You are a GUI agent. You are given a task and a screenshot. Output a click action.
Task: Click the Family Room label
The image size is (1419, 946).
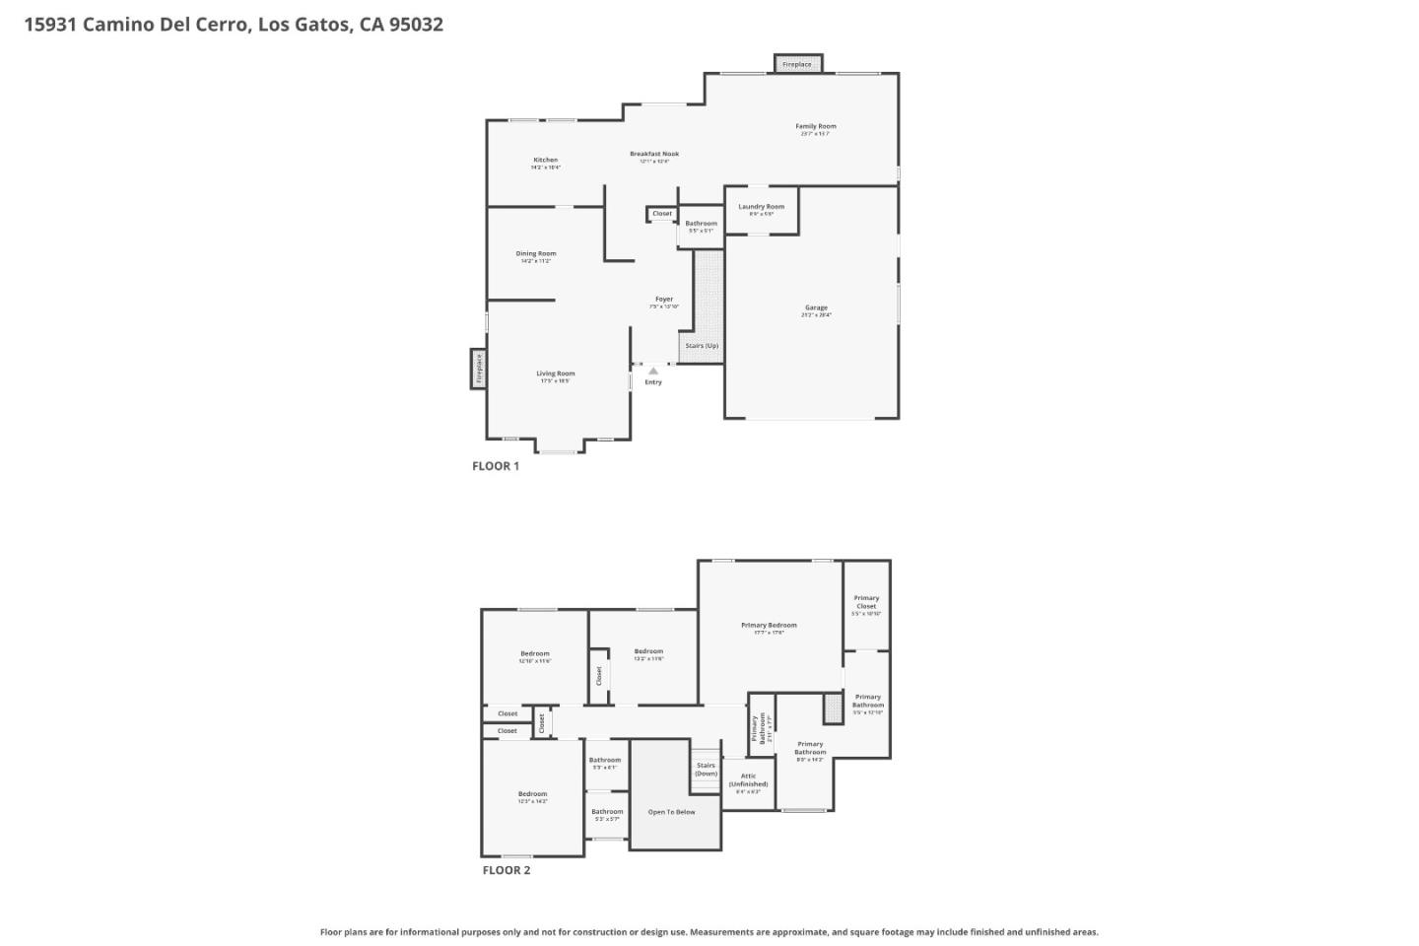tap(815, 126)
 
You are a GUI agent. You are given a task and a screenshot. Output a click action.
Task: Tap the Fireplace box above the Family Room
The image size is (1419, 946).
tap(797, 64)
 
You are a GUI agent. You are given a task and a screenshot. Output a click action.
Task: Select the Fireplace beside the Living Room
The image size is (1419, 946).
tap(479, 369)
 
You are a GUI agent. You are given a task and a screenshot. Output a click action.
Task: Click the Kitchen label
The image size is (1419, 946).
tap(545, 160)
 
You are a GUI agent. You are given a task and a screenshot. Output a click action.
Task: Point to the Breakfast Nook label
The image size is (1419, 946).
tap(654, 154)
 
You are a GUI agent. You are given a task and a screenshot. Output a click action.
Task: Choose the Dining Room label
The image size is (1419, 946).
tap(535, 253)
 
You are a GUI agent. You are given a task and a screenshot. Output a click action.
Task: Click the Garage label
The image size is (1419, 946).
tap(816, 307)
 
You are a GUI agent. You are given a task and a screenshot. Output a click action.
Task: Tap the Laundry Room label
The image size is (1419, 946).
tap(761, 207)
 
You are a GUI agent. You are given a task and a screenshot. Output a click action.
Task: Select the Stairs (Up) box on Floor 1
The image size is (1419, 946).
tap(702, 346)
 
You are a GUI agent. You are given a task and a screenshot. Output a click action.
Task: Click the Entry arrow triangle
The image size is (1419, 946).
tap(652, 371)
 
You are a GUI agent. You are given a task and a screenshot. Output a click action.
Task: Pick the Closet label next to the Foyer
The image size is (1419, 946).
tap(662, 214)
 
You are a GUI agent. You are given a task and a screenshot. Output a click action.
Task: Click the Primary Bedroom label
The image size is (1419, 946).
tap(769, 625)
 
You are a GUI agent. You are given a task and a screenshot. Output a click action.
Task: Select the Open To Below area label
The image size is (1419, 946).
tap(671, 812)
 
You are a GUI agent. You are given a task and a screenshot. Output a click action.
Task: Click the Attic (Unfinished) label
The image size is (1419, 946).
tap(748, 779)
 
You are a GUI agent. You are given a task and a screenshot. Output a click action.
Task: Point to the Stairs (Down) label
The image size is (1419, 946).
tap(706, 769)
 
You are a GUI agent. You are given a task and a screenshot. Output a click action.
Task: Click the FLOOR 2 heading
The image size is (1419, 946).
tap(506, 870)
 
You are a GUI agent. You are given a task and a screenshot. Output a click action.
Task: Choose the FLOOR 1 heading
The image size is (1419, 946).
tap(495, 466)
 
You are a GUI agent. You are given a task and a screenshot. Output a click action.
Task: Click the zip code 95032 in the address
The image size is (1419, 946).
tap(416, 25)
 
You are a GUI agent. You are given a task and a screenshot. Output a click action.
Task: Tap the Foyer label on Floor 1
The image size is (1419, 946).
tap(664, 299)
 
